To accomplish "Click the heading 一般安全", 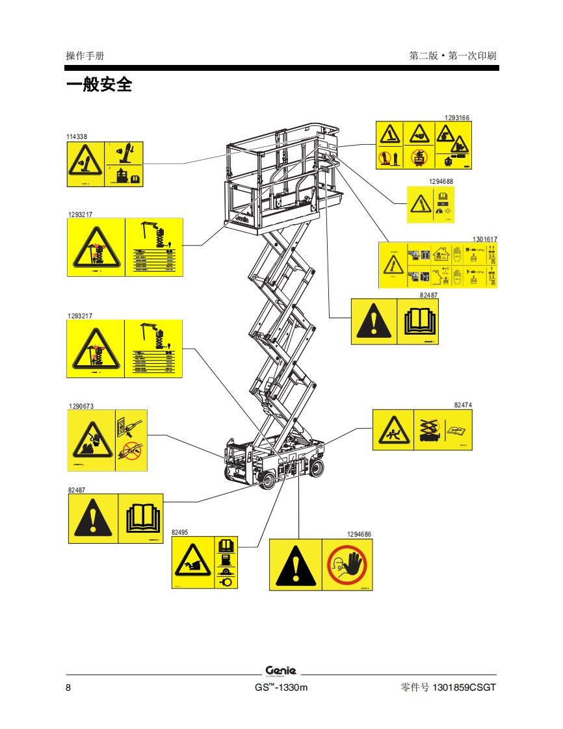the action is [x=99, y=84].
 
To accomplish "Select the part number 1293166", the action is [x=457, y=118].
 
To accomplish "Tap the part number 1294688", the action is [x=441, y=181].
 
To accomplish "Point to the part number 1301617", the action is [x=484, y=239].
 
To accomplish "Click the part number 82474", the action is [x=463, y=405].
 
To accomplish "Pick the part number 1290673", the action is [x=81, y=406].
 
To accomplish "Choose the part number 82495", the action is [x=179, y=532].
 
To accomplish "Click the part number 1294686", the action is [x=359, y=534].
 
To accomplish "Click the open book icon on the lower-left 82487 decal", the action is [x=141, y=518].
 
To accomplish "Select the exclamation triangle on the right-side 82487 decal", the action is [x=373, y=321].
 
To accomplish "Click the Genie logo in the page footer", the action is [x=281, y=671].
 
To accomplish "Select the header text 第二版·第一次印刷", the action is [x=452, y=56].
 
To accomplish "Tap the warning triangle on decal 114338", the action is [x=85, y=162].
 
